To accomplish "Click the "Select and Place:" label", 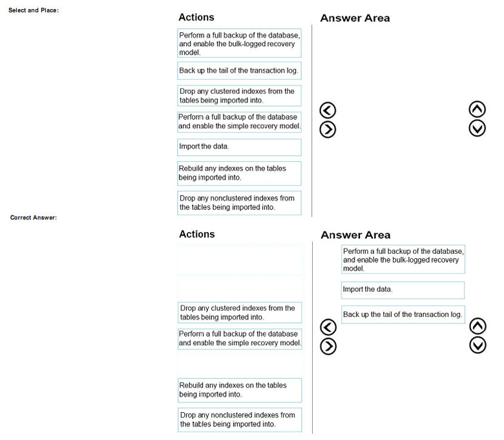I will point(34,10).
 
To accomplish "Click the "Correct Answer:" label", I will point(34,217).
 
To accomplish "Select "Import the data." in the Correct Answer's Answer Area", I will point(403,290).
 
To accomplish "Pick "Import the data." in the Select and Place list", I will point(239,147).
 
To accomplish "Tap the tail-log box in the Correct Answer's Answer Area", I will point(403,314).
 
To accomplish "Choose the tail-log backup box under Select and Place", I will point(239,71).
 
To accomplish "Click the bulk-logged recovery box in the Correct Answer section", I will point(403,259).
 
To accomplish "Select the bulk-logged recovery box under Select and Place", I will point(239,44).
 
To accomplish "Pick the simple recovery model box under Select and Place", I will point(239,122).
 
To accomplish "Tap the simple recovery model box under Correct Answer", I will point(239,338).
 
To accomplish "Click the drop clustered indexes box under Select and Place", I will point(239,96).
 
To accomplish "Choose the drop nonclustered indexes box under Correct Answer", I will point(239,419).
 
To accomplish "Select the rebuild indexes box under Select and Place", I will point(239,173).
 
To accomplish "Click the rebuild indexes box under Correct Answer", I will point(239,390).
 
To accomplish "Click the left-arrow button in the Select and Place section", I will point(328,111).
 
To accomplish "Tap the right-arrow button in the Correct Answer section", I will point(328,346).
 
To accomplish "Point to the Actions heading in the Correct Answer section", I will point(196,234).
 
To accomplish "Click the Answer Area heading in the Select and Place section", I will point(355,18).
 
